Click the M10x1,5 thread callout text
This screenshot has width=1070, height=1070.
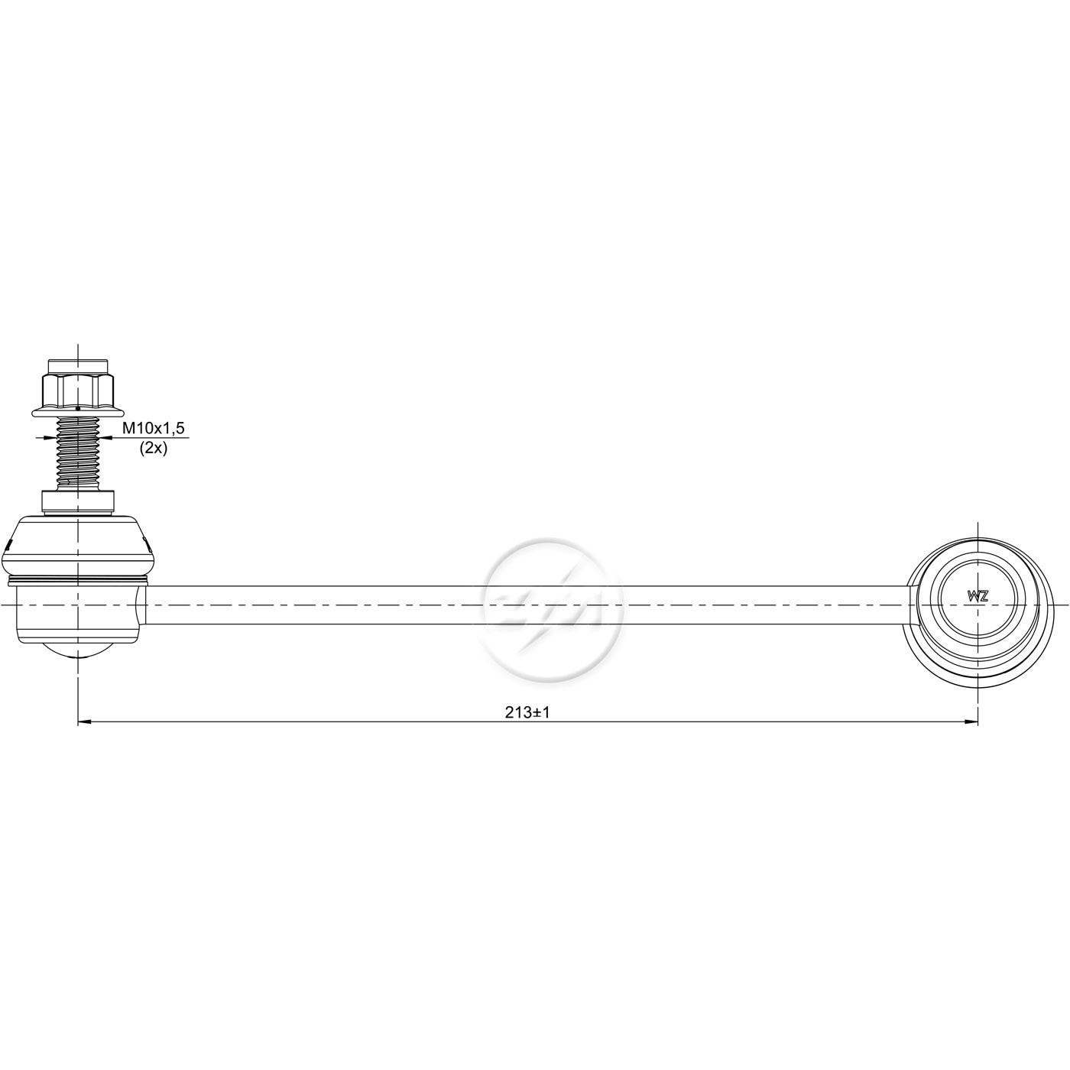[154, 427]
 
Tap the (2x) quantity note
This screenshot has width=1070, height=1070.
[154, 448]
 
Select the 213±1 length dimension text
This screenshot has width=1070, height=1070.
[527, 713]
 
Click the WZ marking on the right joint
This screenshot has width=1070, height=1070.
[978, 596]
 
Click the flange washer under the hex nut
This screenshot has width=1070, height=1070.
[78, 411]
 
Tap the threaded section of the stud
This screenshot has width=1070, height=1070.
[78, 452]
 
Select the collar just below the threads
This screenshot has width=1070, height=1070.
[78, 501]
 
